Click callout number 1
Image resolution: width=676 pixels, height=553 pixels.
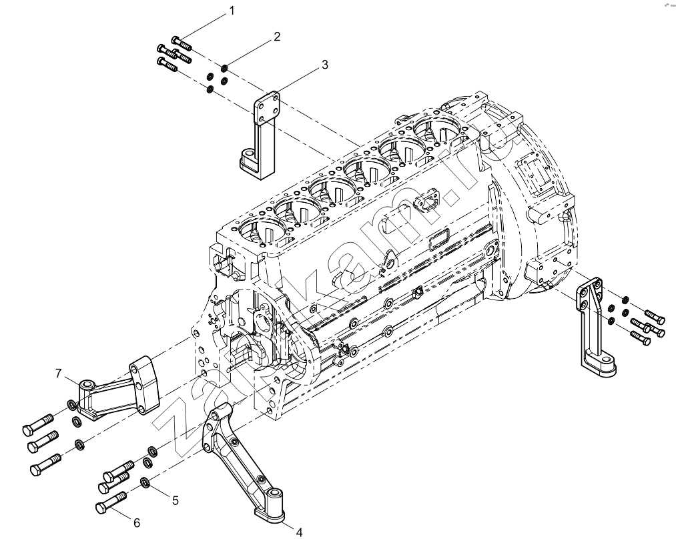click(232, 11)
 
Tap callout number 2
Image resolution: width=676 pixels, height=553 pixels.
click(277, 37)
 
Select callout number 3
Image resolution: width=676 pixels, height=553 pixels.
click(324, 65)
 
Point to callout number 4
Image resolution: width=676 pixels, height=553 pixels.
click(299, 533)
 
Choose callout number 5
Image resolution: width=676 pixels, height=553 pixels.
click(176, 500)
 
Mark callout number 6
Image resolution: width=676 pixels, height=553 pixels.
click(137, 523)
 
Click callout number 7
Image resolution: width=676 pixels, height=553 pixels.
click(59, 374)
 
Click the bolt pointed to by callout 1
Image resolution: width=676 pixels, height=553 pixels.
click(182, 43)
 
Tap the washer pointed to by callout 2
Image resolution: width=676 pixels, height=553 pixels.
click(225, 68)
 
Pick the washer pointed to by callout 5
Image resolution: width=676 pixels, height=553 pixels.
click(145, 483)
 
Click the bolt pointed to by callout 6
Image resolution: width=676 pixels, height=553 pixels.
click(111, 503)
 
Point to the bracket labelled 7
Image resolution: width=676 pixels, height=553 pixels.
click(119, 388)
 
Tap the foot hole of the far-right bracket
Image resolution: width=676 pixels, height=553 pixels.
click(607, 359)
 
